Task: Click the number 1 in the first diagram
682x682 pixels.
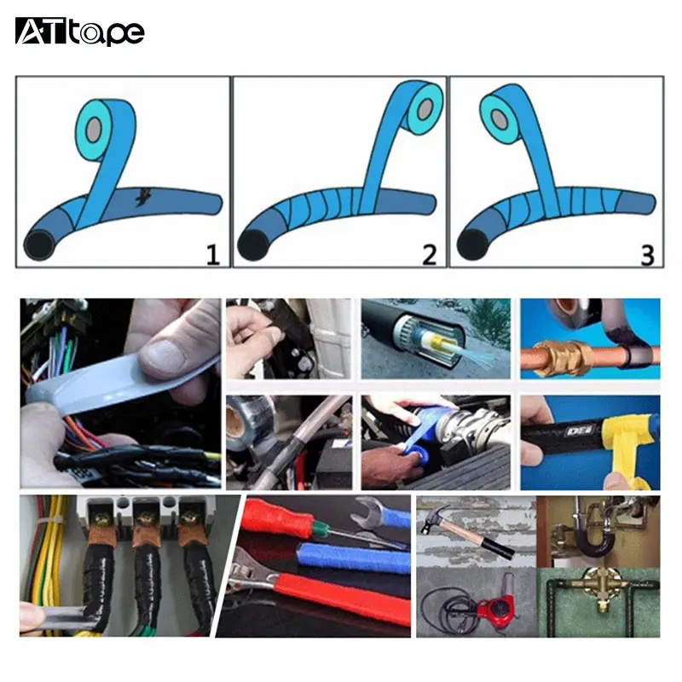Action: coord(211,253)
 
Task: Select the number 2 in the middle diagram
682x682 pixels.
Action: coord(429,253)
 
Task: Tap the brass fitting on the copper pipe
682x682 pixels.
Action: coord(564,357)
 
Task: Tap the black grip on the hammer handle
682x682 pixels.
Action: coord(501,551)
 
